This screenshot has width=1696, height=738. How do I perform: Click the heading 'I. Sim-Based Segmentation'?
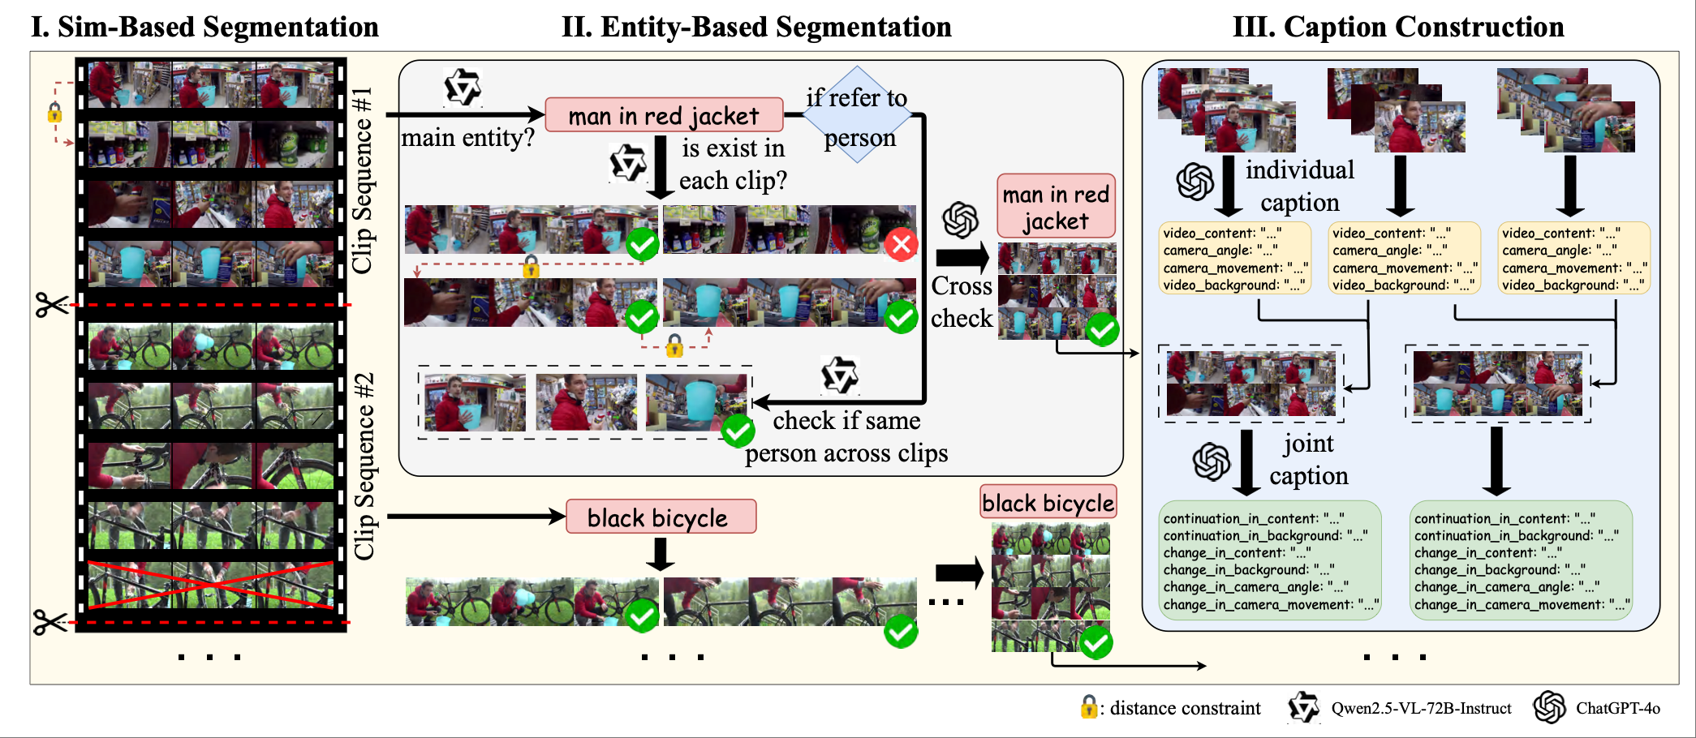[x=204, y=27]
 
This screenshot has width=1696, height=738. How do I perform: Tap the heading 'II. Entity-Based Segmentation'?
[x=756, y=27]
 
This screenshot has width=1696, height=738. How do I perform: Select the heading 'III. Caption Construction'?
[x=1397, y=27]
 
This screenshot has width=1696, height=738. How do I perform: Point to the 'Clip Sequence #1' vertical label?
[x=363, y=180]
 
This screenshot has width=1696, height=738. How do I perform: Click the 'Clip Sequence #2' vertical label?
[x=364, y=466]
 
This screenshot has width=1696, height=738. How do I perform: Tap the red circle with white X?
[x=901, y=244]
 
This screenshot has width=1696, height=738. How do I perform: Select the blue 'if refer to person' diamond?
[x=858, y=116]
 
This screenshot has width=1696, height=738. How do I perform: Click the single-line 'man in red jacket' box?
[x=664, y=115]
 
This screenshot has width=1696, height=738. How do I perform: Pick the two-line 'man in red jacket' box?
[x=1056, y=207]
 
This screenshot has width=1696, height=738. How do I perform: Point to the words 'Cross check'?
[x=962, y=302]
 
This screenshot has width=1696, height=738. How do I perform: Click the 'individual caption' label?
[x=1300, y=186]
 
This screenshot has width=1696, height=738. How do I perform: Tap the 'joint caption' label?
[x=1308, y=459]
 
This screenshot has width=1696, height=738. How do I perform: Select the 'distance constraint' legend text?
[x=1185, y=708]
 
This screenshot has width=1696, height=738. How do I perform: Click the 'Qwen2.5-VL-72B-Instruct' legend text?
[x=1421, y=708]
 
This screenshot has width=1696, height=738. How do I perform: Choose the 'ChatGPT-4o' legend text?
[x=1617, y=708]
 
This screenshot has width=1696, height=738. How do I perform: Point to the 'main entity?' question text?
[x=467, y=138]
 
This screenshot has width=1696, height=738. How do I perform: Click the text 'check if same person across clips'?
[x=846, y=436]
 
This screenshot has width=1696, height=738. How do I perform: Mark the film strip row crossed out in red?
[x=211, y=585]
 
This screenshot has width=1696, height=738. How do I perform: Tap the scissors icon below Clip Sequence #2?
[x=50, y=623]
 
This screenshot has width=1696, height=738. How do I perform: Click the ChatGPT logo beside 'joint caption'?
[x=1211, y=461]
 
